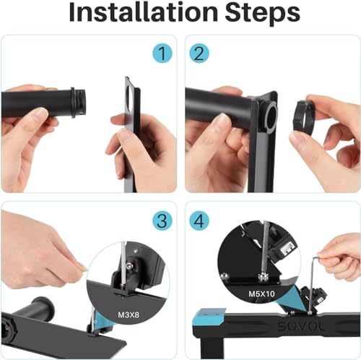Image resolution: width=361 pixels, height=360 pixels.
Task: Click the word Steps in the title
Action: coord(263,14)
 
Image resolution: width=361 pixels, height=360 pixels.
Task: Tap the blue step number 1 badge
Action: coord(162,53)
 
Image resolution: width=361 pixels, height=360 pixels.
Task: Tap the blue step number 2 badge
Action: coord(199,53)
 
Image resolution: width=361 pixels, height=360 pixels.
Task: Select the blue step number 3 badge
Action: coord(162,220)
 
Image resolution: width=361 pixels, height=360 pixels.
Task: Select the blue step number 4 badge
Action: coord(199,220)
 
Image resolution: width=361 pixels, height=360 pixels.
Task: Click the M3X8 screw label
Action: coord(129,314)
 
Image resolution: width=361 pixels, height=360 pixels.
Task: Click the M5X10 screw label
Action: coord(261,293)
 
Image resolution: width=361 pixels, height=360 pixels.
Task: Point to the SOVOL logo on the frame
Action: coord(300,327)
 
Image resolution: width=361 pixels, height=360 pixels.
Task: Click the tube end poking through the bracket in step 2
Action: coord(269,115)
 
